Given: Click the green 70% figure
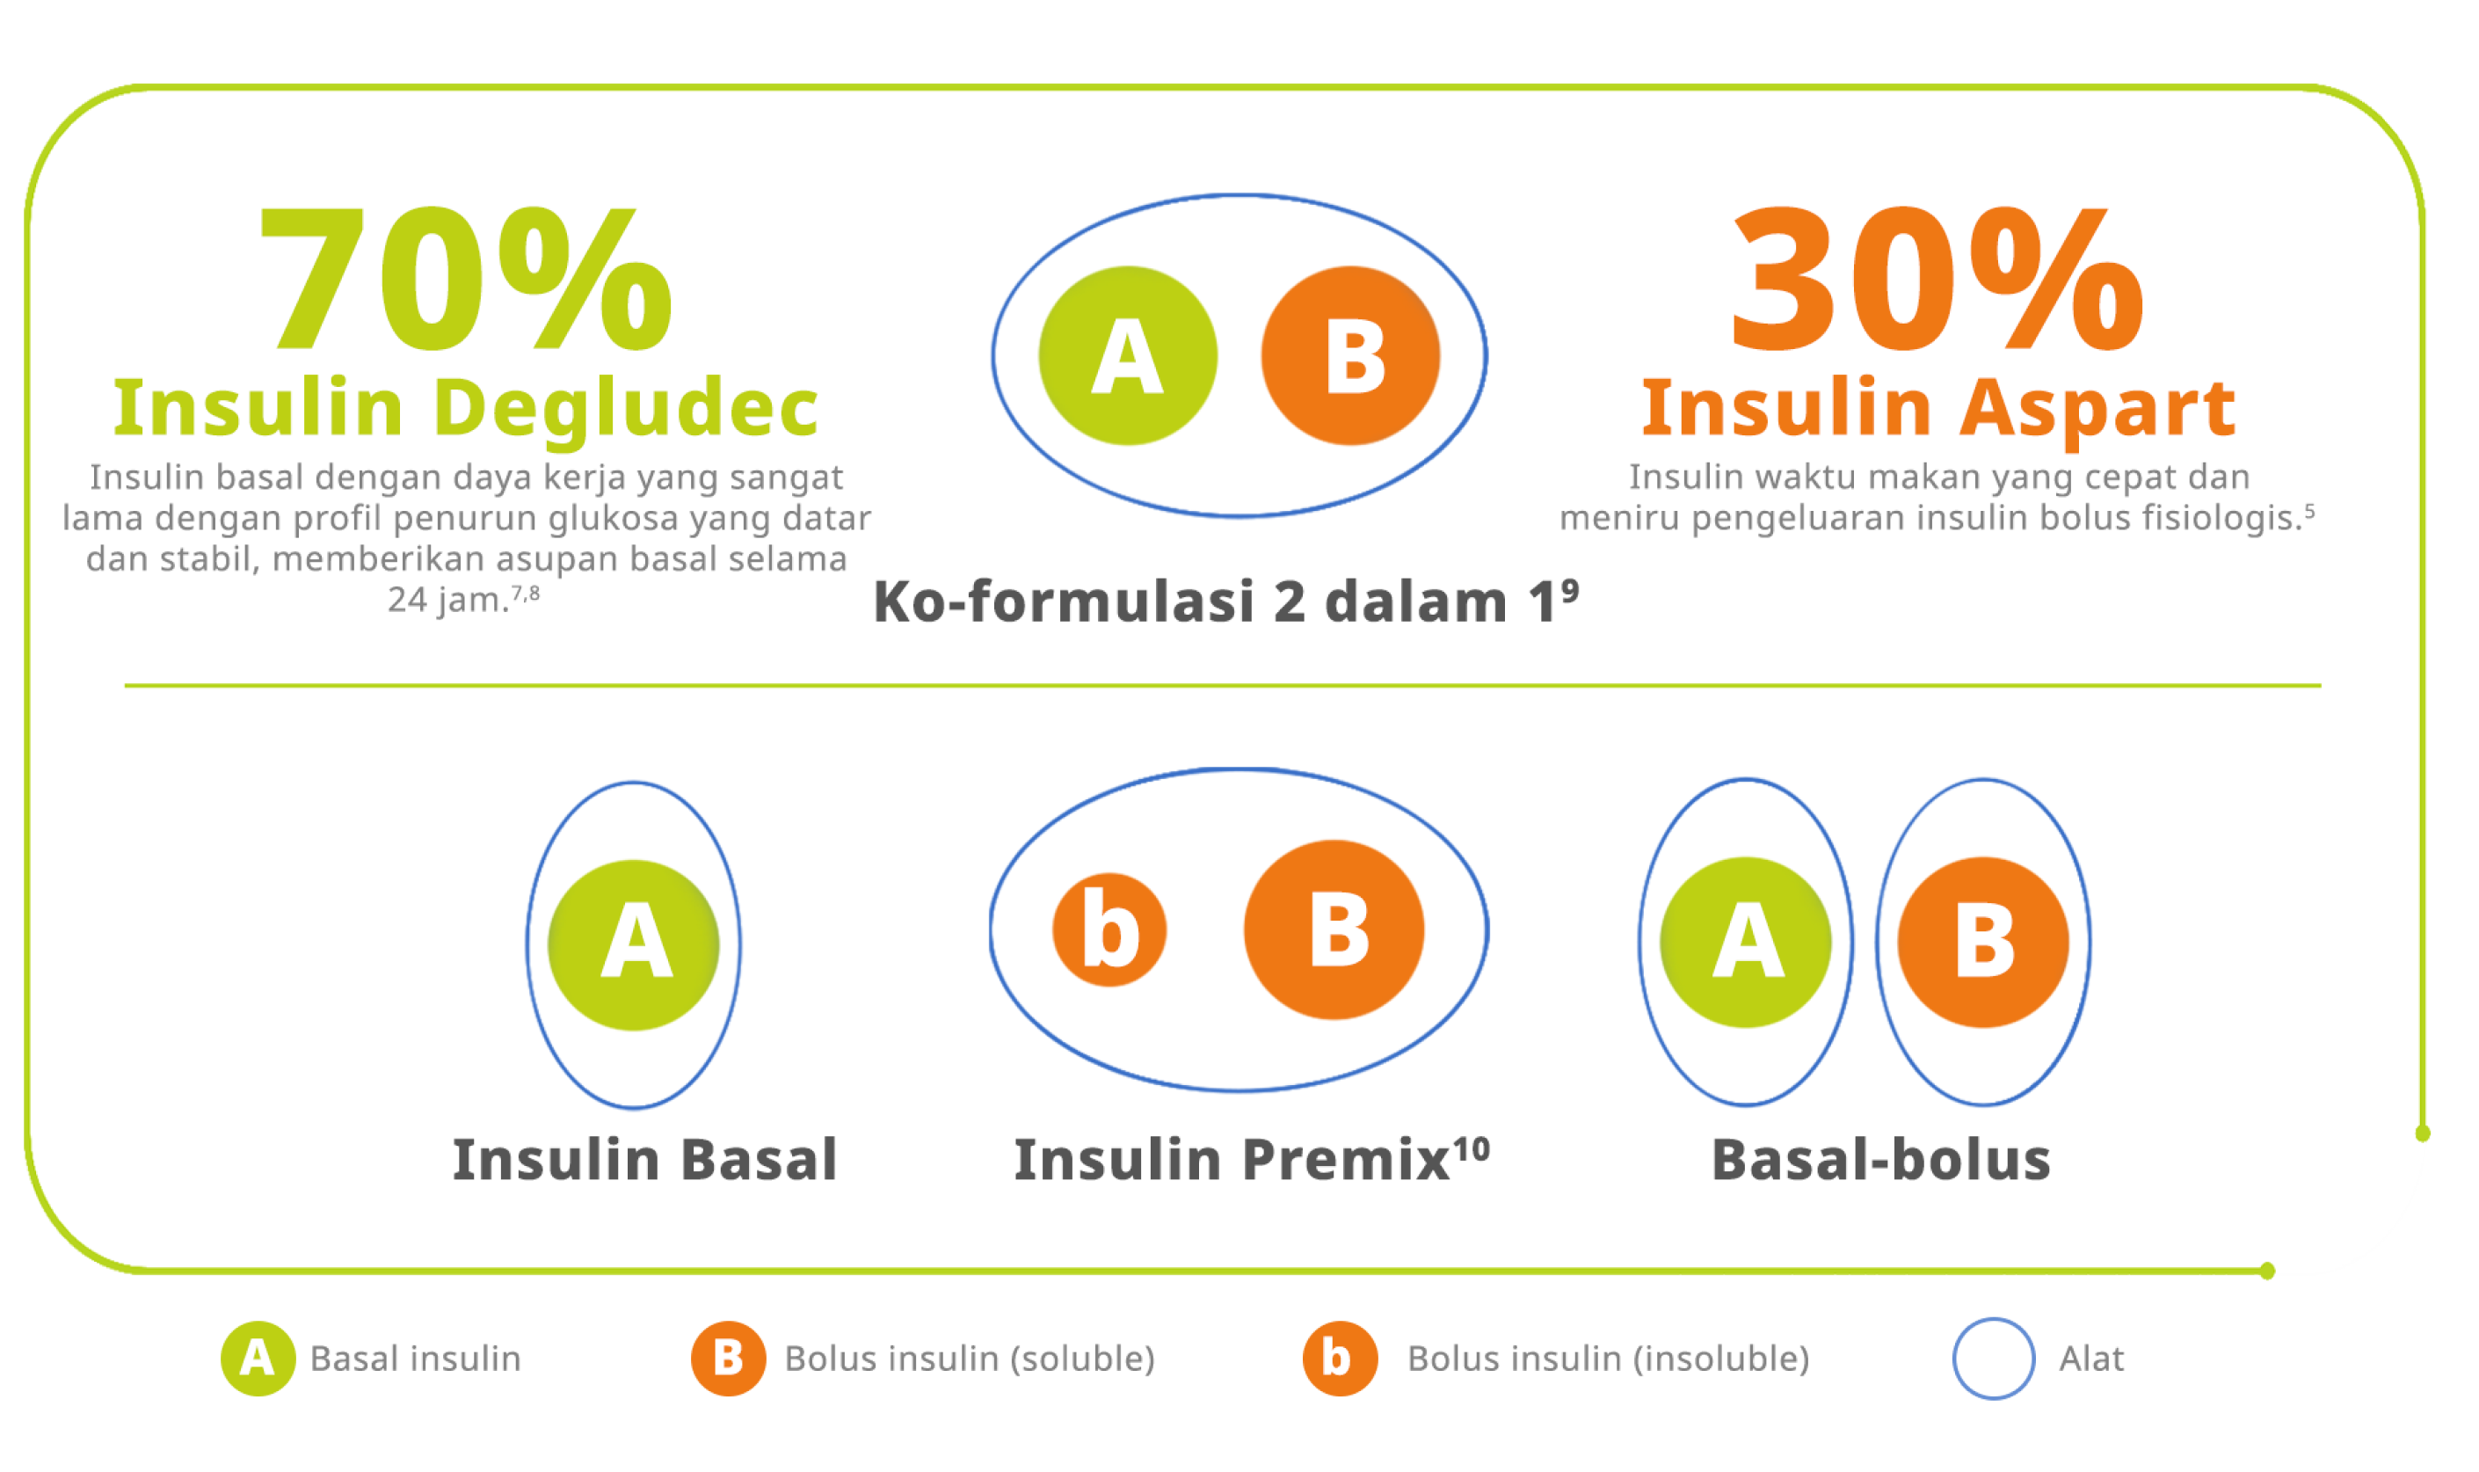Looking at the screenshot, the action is click(x=464, y=279).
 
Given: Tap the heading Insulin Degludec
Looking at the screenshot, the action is click(x=466, y=409).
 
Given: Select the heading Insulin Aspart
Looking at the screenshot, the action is click(x=1938, y=409).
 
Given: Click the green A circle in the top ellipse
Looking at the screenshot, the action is click(x=1128, y=355).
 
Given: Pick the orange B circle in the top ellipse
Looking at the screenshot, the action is click(x=1350, y=355).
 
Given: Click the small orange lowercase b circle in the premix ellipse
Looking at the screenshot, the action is click(x=1109, y=929).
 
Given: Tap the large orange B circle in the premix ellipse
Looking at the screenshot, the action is click(x=1334, y=929).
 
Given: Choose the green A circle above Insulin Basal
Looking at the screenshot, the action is click(x=634, y=945).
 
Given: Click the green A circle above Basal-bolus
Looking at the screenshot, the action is click(x=1746, y=943).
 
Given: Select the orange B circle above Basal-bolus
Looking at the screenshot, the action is click(x=1983, y=943).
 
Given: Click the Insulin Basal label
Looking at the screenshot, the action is click(x=645, y=1160).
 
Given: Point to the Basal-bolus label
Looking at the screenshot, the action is click(x=1881, y=1160).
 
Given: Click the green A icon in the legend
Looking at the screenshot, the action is click(x=258, y=1359).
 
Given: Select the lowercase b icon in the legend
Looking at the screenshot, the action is click(x=1341, y=1359).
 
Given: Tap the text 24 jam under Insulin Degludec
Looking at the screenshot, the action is click(x=448, y=600).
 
